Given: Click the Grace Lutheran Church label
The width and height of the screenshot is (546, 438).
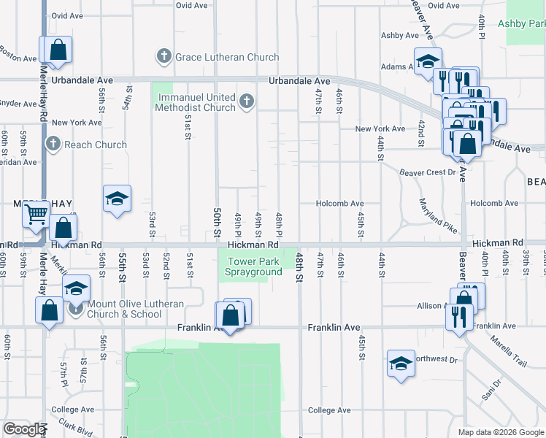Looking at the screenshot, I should (x=226, y=57).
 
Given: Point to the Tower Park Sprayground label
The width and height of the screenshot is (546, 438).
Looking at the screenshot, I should (x=254, y=266).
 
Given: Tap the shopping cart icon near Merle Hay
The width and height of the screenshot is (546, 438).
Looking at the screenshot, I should (x=35, y=215).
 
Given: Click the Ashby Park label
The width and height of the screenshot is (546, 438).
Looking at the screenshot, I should (x=521, y=23).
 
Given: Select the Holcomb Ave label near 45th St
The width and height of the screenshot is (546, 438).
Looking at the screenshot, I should (x=339, y=204).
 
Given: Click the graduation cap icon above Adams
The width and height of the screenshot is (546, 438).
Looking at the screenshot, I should (x=428, y=59).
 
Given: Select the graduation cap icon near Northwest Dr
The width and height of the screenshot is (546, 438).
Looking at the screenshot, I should (x=401, y=362).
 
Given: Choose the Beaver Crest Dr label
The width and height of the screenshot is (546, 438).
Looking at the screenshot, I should (x=427, y=172).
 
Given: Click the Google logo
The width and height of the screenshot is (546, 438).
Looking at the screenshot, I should (x=24, y=429).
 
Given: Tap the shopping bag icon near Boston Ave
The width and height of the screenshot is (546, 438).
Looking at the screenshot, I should (x=58, y=50).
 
